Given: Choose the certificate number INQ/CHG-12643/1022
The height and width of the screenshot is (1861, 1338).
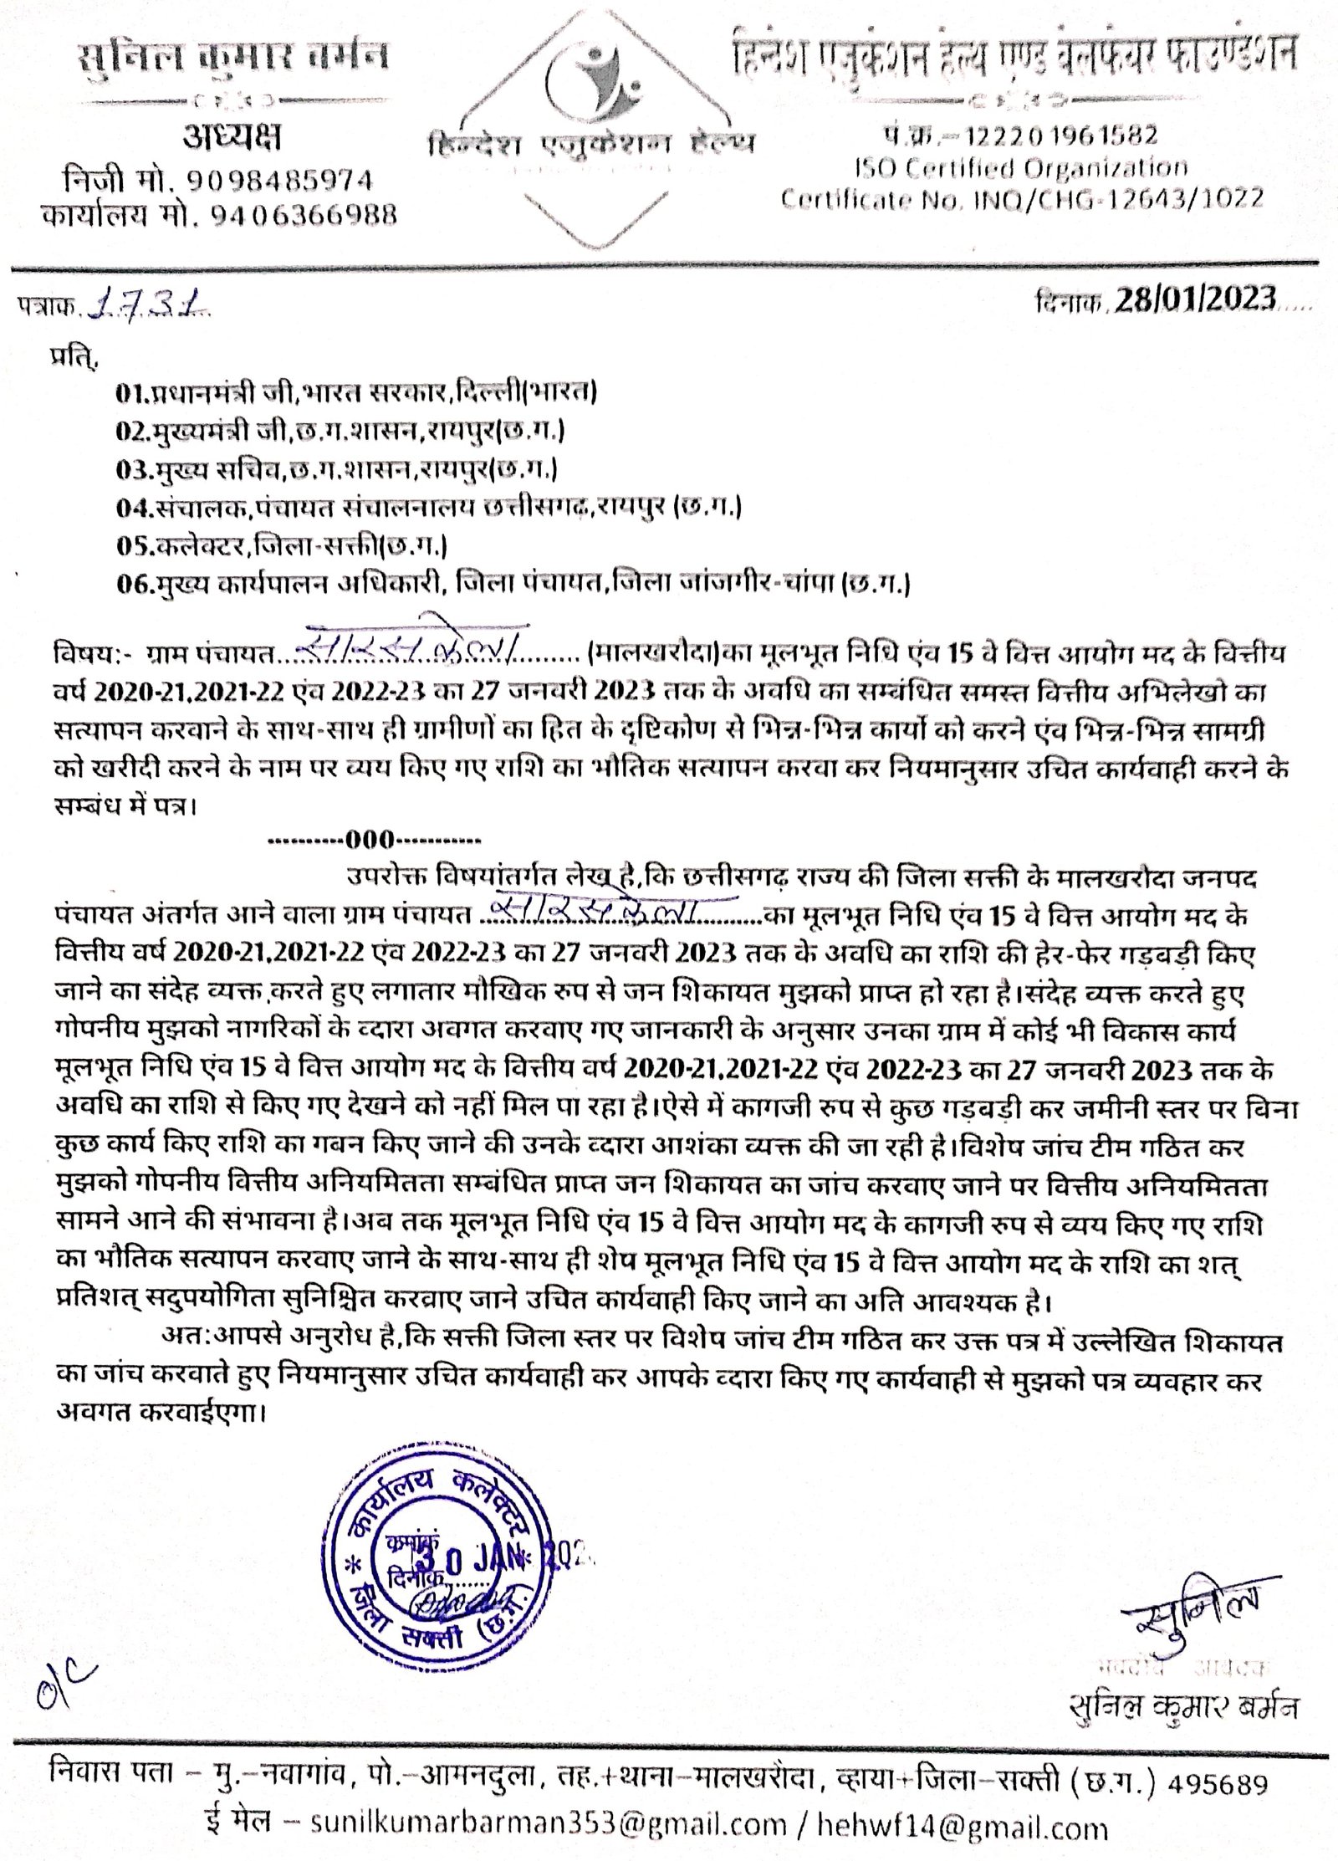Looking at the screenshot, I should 1116,198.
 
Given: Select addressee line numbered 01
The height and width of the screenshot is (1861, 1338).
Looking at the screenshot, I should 360,391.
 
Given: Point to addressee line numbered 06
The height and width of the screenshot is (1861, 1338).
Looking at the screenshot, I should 513,584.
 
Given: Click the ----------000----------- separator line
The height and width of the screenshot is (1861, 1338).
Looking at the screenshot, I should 373,838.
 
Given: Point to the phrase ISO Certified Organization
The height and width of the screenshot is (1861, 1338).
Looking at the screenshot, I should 1020,166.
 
